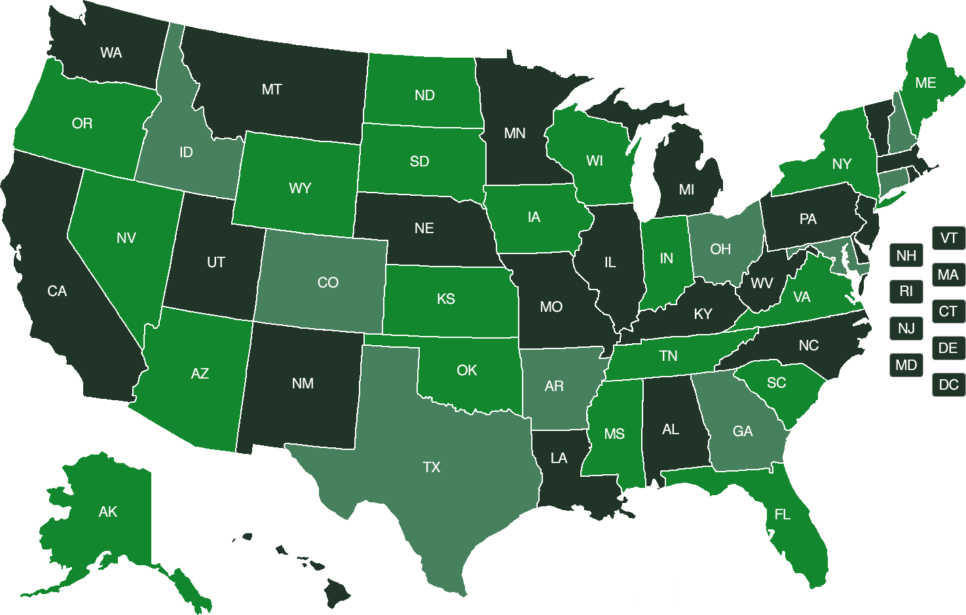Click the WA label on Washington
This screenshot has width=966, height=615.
pyautogui.click(x=111, y=53)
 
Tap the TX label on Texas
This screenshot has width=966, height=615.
pyautogui.click(x=432, y=467)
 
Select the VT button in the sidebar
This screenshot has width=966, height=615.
pyautogui.click(x=948, y=238)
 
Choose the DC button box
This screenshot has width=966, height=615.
pyautogui.click(x=948, y=384)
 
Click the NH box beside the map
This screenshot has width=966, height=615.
pyautogui.click(x=906, y=255)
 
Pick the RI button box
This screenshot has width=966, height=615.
pyautogui.click(x=906, y=291)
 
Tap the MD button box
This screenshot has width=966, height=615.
pyautogui.click(x=906, y=365)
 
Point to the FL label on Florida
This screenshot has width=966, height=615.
pyautogui.click(x=783, y=515)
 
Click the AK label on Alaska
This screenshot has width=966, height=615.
pyautogui.click(x=108, y=512)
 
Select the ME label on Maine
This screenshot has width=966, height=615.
pyautogui.click(x=925, y=83)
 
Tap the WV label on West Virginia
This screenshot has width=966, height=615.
pyautogui.click(x=762, y=284)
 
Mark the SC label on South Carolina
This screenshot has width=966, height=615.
pyautogui.click(x=776, y=382)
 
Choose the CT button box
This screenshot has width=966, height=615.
pyautogui.click(x=948, y=311)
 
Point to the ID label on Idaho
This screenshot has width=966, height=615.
pyautogui.click(x=186, y=153)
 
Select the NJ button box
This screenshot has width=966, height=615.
pyautogui.click(x=906, y=328)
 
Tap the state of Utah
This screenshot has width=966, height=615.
pyautogui.click(x=216, y=262)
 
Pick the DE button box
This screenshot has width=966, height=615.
pyautogui.click(x=948, y=348)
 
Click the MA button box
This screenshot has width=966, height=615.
pyautogui.click(x=948, y=274)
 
